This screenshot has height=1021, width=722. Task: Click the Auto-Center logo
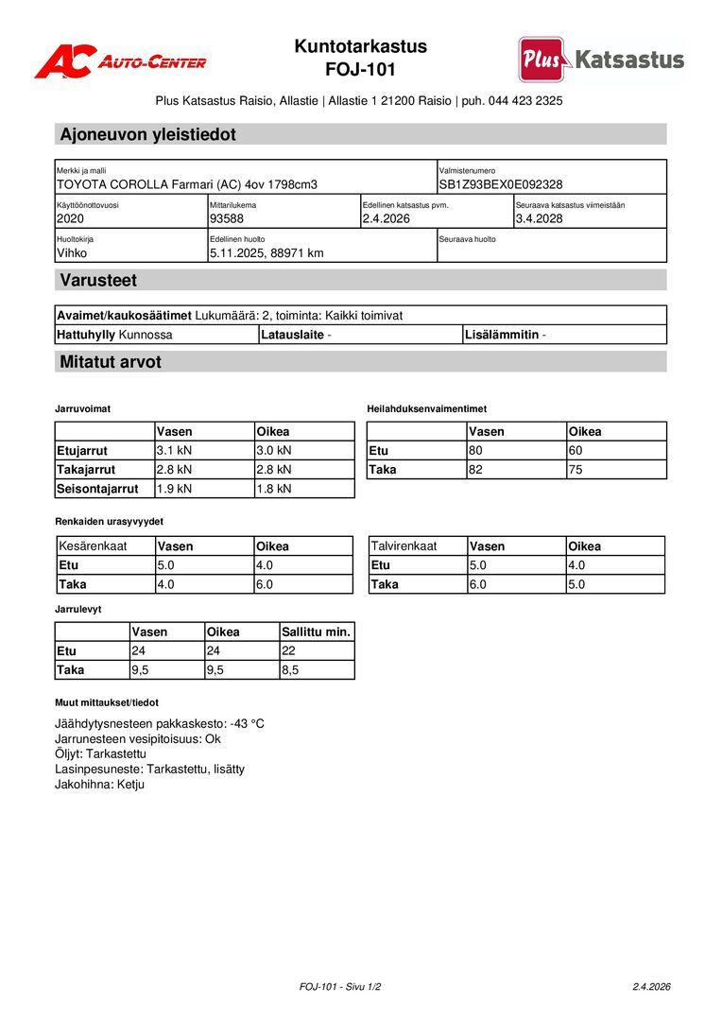pos(120,61)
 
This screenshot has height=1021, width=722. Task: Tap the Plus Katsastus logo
pos(601,60)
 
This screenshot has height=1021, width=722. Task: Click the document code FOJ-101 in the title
pos(360,69)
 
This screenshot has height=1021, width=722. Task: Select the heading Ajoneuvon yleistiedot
pos(147,134)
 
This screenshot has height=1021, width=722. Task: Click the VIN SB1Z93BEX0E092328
pos(500,184)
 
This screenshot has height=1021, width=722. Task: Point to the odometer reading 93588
pos(227,218)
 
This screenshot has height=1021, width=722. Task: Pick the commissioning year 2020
pos(71,218)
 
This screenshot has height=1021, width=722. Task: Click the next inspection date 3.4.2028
pos(541,218)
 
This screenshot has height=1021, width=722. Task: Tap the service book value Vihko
pos(72,252)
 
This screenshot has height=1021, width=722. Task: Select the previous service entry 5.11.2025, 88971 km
pos(266,252)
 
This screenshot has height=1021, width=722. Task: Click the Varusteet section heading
pos(98,280)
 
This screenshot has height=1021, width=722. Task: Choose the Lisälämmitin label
pos(502,335)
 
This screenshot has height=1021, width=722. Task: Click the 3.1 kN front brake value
pos(174,450)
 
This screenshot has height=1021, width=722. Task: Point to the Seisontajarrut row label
pos(97,489)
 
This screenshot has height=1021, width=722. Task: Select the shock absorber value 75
pos(576,469)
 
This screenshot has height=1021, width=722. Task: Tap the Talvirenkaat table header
pos(404,546)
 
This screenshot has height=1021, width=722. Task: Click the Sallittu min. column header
pos(316,632)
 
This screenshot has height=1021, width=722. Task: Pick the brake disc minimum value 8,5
pos(290,669)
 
